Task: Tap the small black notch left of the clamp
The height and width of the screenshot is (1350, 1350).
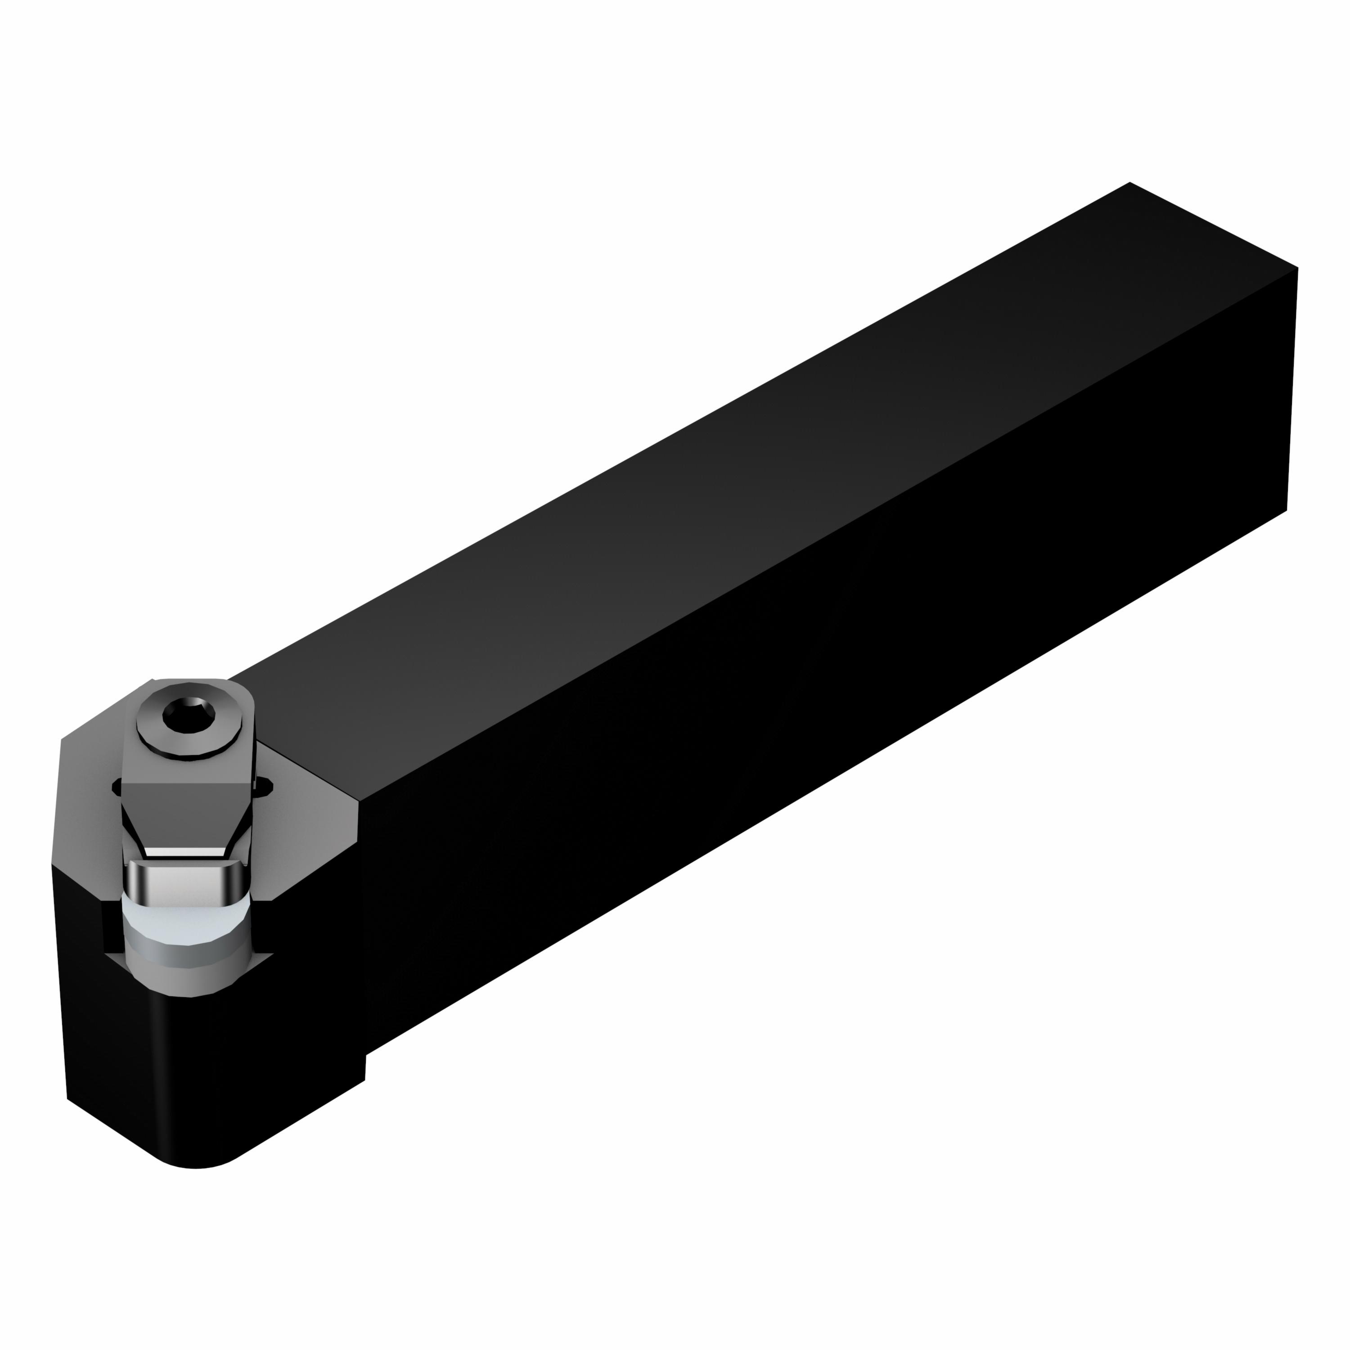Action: pos(116,788)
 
